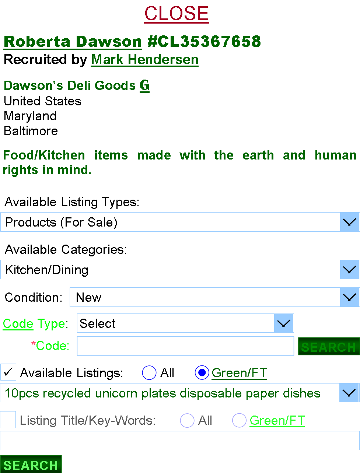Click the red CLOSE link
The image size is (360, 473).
pos(176,14)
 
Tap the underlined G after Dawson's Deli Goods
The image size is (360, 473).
pos(144,85)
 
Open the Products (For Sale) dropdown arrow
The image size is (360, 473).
pos(349,222)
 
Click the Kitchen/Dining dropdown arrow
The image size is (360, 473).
pos(349,270)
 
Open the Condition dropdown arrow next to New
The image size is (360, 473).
pos(349,297)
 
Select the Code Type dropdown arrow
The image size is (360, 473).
pos(283,323)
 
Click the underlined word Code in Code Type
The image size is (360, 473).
pos(18,324)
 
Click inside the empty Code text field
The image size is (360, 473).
pos(185,346)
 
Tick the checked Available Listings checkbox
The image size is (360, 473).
pos(8,372)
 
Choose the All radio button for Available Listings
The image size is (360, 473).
pos(149,372)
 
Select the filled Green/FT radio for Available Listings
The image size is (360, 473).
pos(202,372)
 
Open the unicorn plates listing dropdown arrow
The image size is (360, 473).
pos(349,393)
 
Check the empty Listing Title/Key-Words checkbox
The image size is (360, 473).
pos(8,420)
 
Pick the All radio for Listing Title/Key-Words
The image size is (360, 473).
pos(187,420)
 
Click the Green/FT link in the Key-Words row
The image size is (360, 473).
pos(277,420)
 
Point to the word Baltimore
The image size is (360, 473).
pos(31,131)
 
